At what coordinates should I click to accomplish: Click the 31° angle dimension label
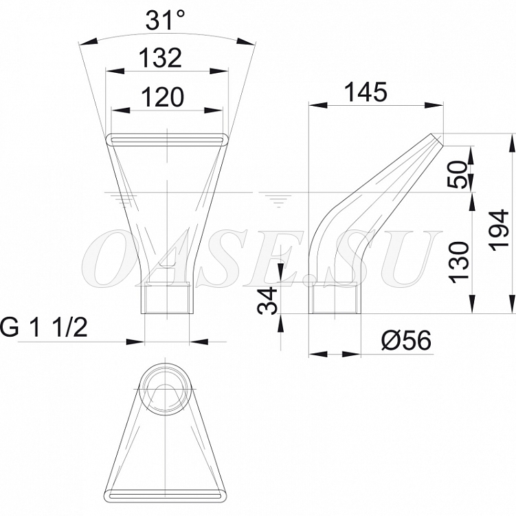[x=165, y=20]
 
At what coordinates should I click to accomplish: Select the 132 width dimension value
[x=160, y=58]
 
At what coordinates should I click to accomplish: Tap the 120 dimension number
[x=162, y=97]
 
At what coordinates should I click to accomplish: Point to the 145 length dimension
[x=366, y=92]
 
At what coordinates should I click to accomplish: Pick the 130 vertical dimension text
[x=459, y=262]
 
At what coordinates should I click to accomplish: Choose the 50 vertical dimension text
[x=458, y=175]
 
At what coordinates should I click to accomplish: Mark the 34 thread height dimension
[x=267, y=300]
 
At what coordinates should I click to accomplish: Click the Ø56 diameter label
[x=406, y=340]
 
